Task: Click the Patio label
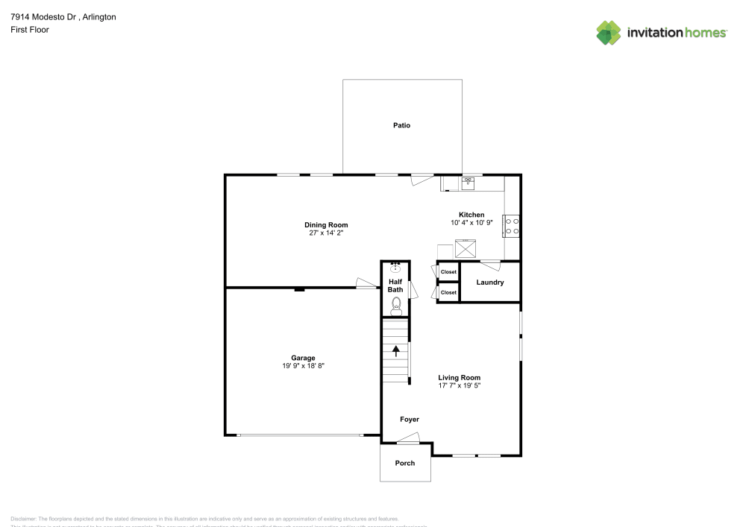(x=401, y=125)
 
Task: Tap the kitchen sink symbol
(x=468, y=183)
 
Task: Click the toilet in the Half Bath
(x=396, y=304)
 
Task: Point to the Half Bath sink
(x=395, y=268)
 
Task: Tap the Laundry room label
(x=489, y=283)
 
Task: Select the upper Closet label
(x=448, y=272)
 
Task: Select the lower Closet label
(x=448, y=293)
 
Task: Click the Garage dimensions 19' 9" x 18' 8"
(x=303, y=365)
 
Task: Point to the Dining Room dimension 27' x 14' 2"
(x=326, y=233)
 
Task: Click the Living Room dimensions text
(x=459, y=385)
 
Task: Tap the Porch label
(x=405, y=463)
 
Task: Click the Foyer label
(x=410, y=420)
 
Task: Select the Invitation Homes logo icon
(x=609, y=33)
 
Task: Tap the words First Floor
(x=29, y=30)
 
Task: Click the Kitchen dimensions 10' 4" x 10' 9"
(x=471, y=223)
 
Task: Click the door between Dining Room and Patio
(x=422, y=178)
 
